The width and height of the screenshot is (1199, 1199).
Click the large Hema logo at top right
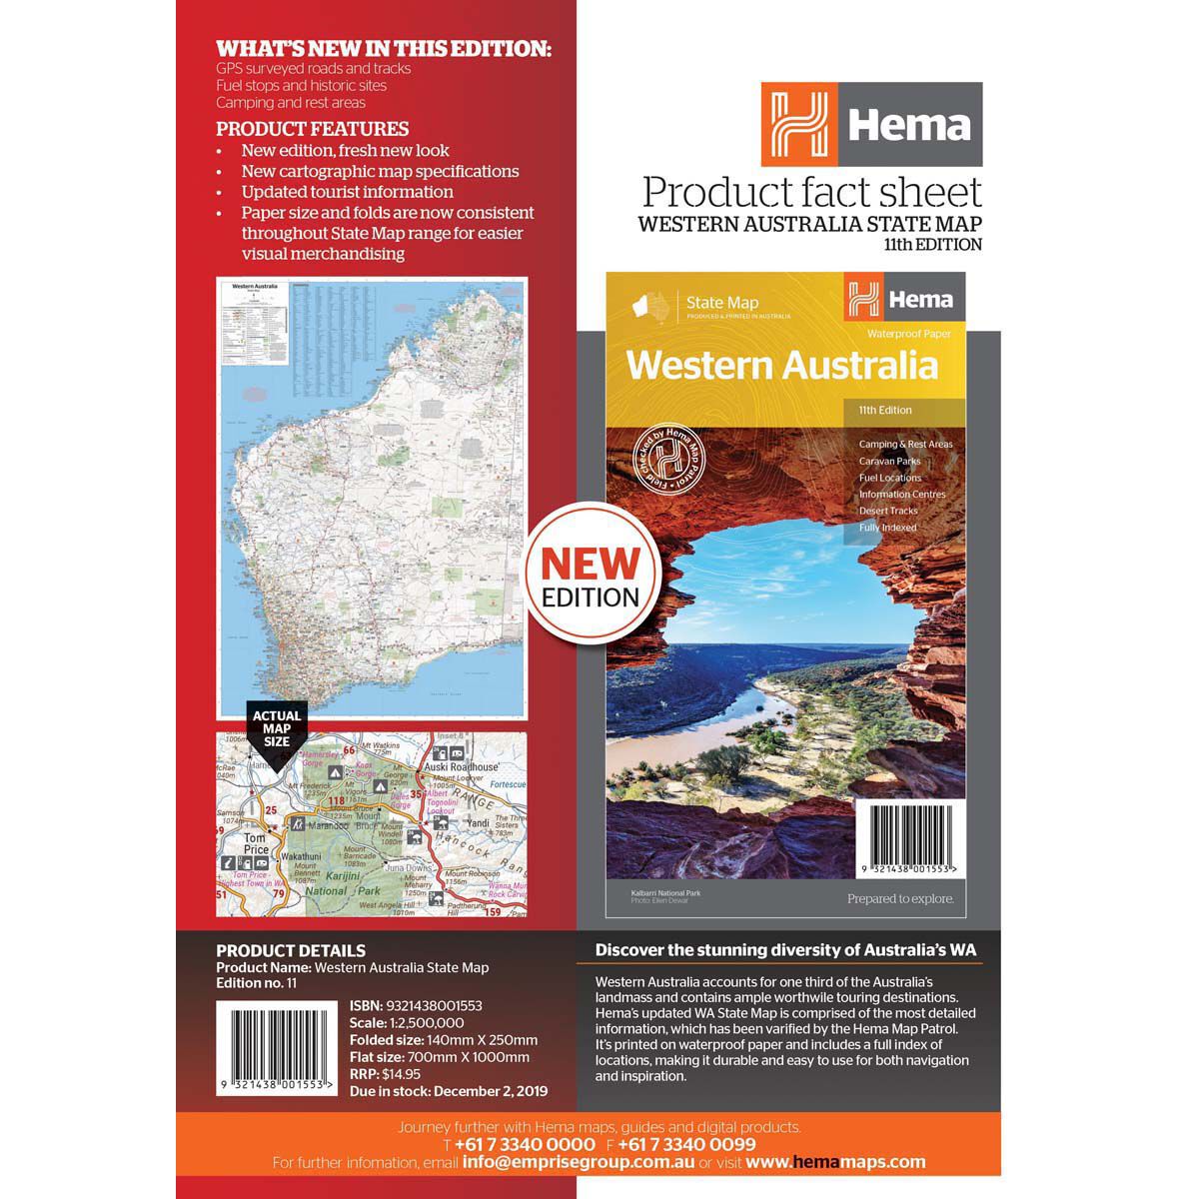point(871,124)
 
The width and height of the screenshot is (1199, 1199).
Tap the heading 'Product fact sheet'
point(811,192)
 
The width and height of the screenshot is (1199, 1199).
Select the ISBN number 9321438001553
point(432,1006)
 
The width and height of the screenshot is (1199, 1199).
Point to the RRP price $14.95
point(401,1074)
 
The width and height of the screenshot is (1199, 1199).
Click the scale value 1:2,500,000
point(427,1023)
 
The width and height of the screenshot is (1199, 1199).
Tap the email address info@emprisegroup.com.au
point(579,1162)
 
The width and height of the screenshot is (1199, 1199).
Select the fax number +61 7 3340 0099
point(686,1144)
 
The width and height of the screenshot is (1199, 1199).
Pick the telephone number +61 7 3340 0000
point(525,1144)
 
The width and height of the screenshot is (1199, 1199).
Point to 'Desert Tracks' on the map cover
point(888,511)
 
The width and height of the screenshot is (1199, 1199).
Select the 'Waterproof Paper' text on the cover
point(909,333)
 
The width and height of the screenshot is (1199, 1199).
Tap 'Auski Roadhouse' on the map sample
point(465,767)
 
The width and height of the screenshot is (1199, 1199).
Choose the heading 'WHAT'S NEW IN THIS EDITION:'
point(384,48)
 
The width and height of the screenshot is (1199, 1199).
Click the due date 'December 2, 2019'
point(491,1091)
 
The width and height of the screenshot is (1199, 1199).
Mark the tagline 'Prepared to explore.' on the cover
point(900,898)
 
